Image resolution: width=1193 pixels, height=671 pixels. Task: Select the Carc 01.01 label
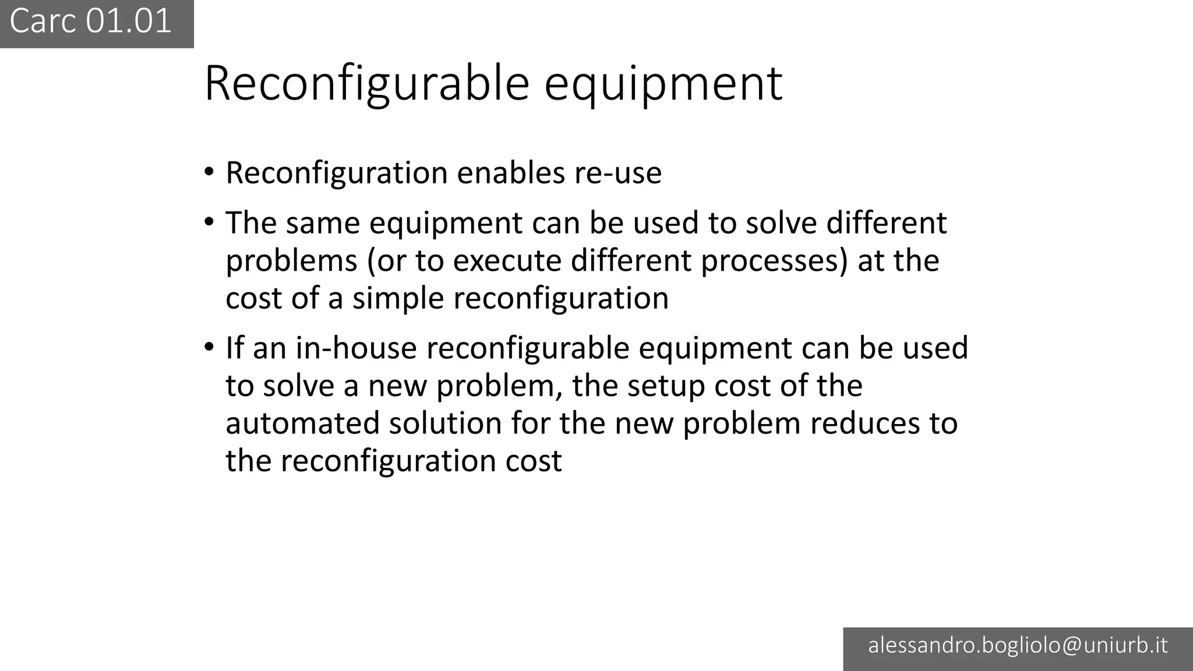91,22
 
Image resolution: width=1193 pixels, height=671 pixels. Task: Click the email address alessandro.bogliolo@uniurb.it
1018,645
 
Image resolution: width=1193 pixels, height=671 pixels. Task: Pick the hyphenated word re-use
618,173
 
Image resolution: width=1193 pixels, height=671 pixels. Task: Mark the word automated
302,423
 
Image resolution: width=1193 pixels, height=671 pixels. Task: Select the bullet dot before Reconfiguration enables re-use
209,173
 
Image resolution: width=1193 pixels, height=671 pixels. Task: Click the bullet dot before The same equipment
209,223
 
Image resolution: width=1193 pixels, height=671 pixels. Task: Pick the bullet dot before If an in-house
209,348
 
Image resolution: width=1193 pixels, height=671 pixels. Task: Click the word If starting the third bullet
234,348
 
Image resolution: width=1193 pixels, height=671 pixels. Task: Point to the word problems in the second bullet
291,260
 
